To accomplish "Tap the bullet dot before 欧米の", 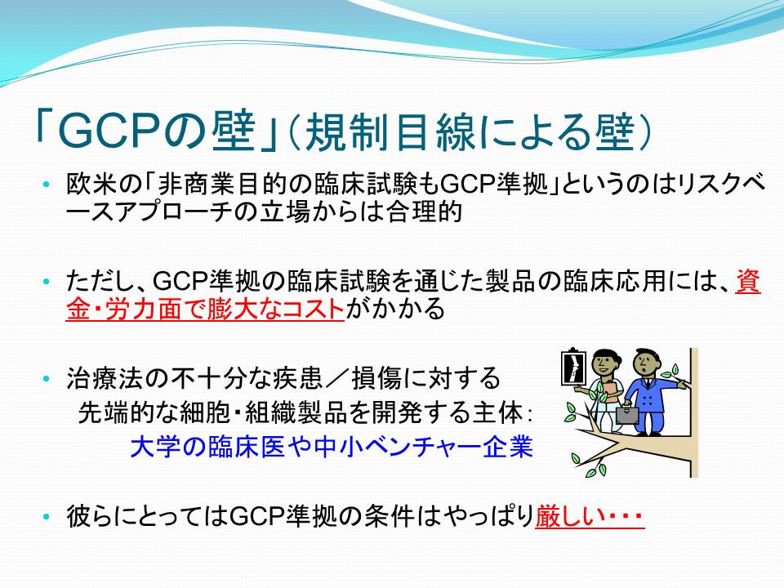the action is (47, 185).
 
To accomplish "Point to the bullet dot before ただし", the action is (47, 282).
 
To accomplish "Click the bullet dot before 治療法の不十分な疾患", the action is (47, 378).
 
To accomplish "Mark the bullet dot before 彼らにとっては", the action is (47, 516).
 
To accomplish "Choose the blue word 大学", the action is (155, 447).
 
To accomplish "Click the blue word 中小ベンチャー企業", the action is (424, 447).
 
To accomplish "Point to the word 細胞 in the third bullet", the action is (208, 413).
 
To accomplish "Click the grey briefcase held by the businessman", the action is (627, 414).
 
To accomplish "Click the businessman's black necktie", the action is (648, 384).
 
